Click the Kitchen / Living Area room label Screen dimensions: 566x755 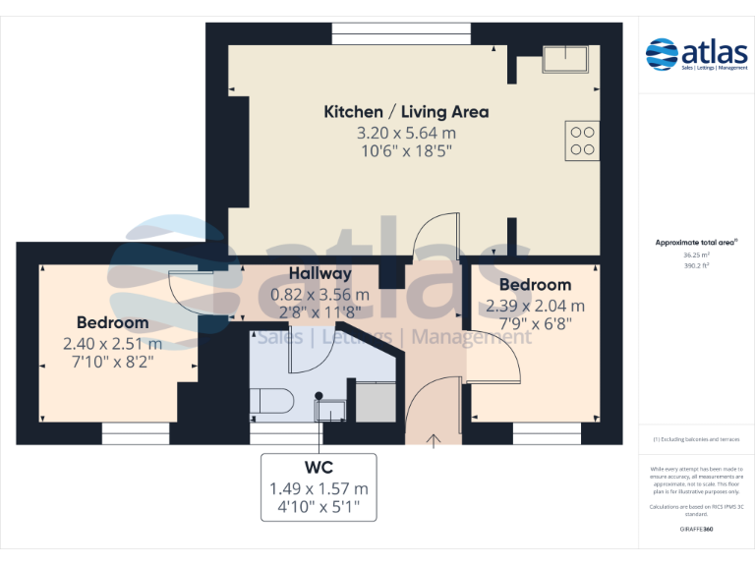(x=406, y=112)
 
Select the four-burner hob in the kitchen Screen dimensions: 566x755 (x=581, y=140)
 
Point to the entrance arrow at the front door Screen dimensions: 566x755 (x=434, y=438)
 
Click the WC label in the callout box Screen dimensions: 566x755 (x=319, y=468)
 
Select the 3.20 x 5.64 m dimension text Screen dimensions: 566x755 (x=406, y=133)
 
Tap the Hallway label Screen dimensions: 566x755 (x=319, y=273)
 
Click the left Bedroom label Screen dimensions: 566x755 (x=113, y=322)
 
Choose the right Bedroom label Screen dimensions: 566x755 (x=535, y=285)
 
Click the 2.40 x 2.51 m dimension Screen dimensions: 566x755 (x=113, y=344)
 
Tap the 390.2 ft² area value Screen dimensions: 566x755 (x=697, y=263)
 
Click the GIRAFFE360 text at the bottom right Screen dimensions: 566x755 (x=697, y=529)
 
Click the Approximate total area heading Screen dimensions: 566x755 (x=697, y=242)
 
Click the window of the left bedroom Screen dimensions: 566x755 (x=136, y=433)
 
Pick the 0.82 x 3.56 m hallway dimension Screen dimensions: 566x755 (x=319, y=294)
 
